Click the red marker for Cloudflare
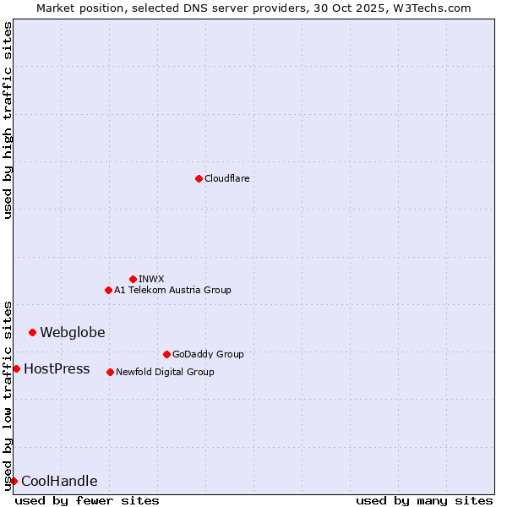[199, 178]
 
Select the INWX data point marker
[133, 279]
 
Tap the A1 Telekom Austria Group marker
[108, 290]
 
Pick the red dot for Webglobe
[32, 332]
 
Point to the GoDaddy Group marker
[166, 354]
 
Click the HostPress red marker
[16, 368]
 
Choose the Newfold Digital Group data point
[110, 372]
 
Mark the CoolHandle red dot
[14, 481]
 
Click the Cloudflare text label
[226, 178]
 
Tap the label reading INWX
[151, 279]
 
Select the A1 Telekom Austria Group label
[172, 290]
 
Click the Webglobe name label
[73, 332]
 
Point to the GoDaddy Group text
[208, 354]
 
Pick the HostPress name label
[57, 368]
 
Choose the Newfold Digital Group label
[165, 372]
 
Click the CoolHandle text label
[59, 481]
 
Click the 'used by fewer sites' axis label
[87, 500]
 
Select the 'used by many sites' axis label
[424, 500]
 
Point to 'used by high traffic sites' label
[8, 120]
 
